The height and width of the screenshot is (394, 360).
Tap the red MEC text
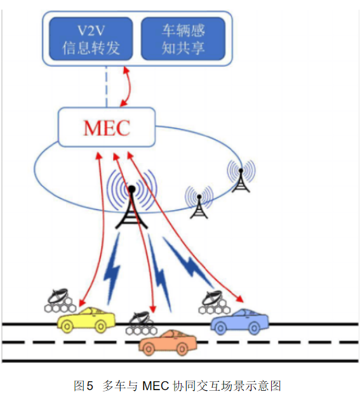coord(106,128)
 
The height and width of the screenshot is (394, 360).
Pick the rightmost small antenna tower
coord(241,177)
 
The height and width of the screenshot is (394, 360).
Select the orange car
coord(169,342)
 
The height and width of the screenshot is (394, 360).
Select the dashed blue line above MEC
coord(106,85)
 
